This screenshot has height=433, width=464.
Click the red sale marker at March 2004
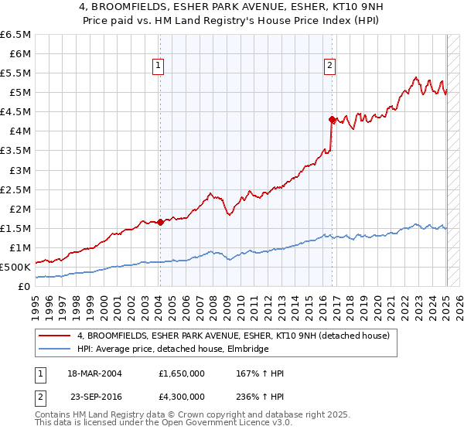(160, 222)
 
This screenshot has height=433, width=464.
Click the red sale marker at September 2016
(332, 119)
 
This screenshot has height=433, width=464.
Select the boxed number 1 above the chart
(158, 66)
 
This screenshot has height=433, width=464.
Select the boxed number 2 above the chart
(329, 66)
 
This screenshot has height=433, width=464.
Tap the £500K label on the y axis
(15, 267)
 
